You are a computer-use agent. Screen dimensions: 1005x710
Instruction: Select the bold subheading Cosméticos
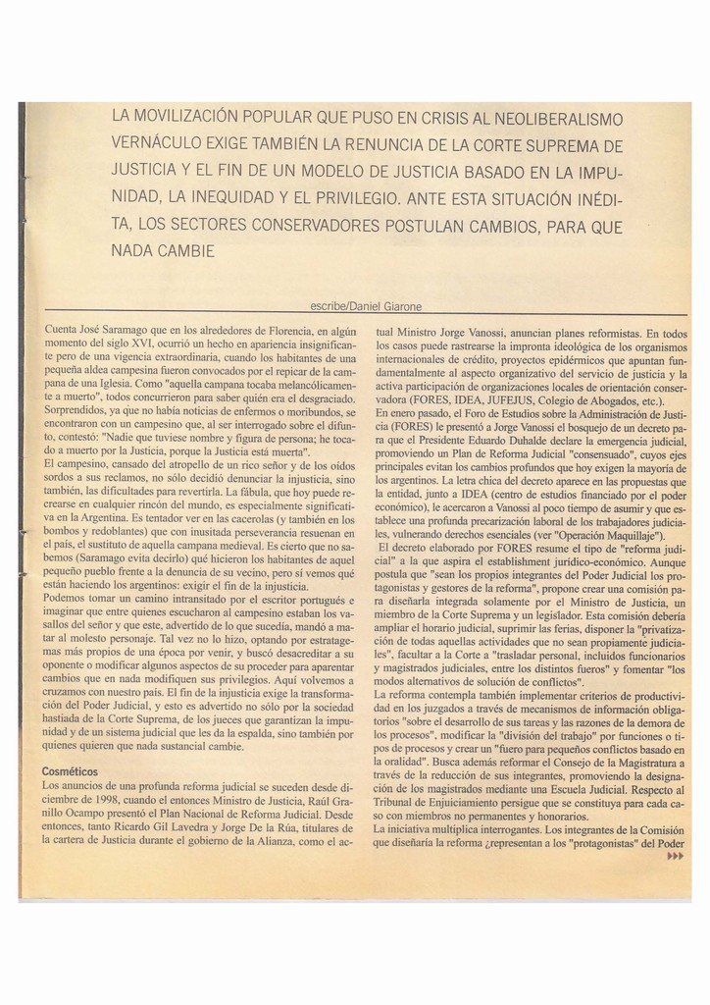(x=71, y=771)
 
